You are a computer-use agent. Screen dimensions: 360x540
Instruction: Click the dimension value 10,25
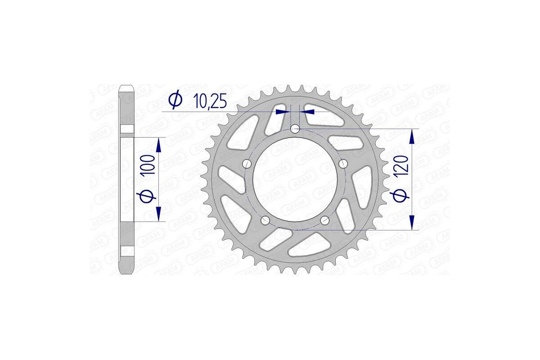pos(210,101)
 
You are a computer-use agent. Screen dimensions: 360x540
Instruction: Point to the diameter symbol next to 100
pos(150,196)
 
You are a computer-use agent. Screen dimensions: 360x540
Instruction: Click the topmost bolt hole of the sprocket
pos(295,130)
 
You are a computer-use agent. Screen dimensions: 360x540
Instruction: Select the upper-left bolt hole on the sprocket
pos(247,163)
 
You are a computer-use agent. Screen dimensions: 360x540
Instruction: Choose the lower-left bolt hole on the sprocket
pos(265,220)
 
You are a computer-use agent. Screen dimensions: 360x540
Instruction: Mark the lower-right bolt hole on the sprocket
pos(325,220)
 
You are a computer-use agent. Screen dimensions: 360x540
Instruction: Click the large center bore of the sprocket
pos(295,180)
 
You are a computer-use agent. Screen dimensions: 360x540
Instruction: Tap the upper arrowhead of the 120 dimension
pos(411,135)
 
